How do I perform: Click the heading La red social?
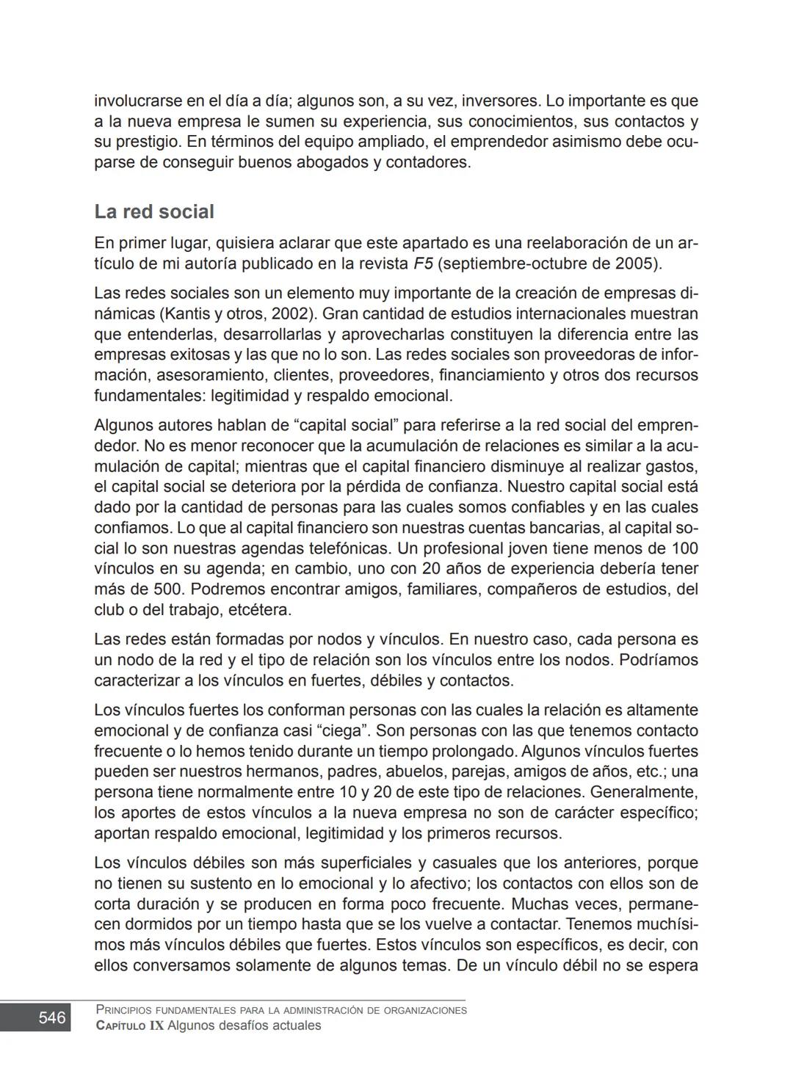pyautogui.click(x=154, y=212)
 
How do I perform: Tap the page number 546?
pyautogui.click(x=52, y=1017)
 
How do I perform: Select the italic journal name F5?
pyautogui.click(x=422, y=264)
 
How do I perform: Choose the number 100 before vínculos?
pyautogui.click(x=684, y=548)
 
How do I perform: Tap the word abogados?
pyautogui.click(x=333, y=162)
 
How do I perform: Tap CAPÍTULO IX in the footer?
pyautogui.click(x=130, y=1025)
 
